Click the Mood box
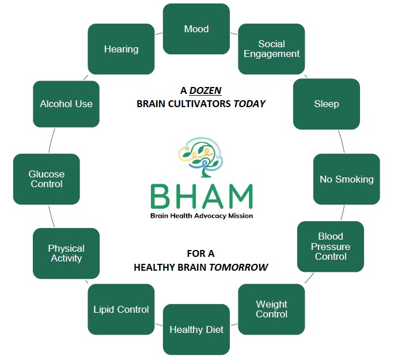pyautogui.click(x=196, y=29)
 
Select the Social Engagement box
pyautogui.click(x=271, y=49)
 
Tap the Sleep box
pyautogui.click(x=326, y=104)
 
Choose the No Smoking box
pyautogui.click(x=346, y=179)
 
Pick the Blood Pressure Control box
pyautogui.click(x=330, y=247)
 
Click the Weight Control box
pyautogui.click(x=271, y=309)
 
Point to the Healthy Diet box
pyautogui.click(x=196, y=329)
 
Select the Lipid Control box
pyautogui.click(x=121, y=309)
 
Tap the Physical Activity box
pyautogui.click(x=66, y=253)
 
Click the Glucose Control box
pyautogui.click(x=46, y=179)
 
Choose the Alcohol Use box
pyautogui.click(x=66, y=104)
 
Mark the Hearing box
pyautogui.click(x=121, y=49)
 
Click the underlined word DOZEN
pyautogui.click(x=206, y=90)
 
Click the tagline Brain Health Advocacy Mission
pyautogui.click(x=202, y=216)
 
